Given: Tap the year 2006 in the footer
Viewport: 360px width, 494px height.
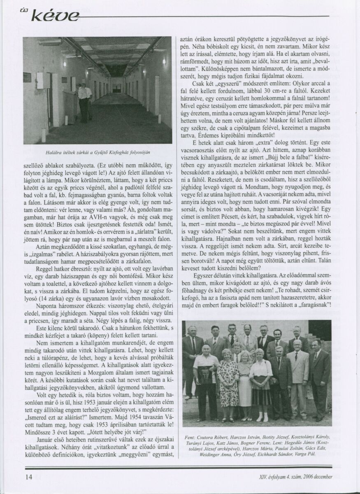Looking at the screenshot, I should click(304, 477).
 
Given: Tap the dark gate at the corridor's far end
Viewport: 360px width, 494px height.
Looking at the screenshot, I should click(117, 88).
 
